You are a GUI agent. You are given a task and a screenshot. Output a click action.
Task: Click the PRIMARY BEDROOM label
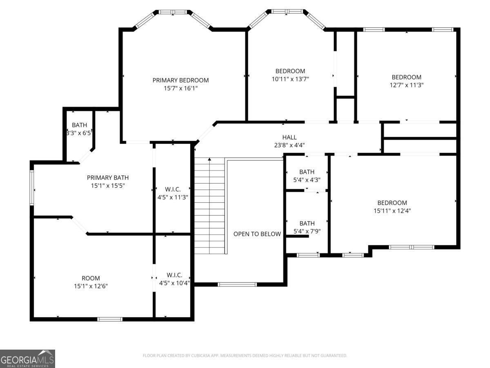tap(180, 80)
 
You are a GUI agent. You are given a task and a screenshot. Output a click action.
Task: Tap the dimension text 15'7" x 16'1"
tap(180, 88)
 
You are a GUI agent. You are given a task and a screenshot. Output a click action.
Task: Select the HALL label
tap(290, 137)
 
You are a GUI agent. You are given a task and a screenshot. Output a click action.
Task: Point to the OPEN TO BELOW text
tap(257, 234)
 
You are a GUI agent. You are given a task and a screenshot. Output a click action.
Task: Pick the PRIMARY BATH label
tap(108, 177)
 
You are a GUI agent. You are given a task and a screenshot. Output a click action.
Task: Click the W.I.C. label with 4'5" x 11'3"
tap(173, 189)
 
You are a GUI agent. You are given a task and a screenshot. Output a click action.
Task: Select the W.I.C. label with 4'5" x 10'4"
tap(174, 275)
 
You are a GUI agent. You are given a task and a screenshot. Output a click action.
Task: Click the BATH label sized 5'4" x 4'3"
tap(307, 172)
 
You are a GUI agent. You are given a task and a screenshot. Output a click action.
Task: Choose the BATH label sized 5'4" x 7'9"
tap(307, 223)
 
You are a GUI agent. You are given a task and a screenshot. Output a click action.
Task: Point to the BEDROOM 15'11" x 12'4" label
tap(392, 203)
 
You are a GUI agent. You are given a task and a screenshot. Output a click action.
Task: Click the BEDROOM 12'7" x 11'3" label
tap(406, 77)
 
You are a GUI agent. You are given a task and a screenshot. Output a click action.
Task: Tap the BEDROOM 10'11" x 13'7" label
tap(290, 71)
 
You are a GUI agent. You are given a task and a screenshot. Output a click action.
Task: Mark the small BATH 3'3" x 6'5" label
tap(79, 125)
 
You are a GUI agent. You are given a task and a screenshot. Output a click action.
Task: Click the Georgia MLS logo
tap(27, 359)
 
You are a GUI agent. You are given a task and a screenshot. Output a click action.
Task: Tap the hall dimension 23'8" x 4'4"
tap(290, 145)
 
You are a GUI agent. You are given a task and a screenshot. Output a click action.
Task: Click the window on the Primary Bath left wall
tap(31, 188)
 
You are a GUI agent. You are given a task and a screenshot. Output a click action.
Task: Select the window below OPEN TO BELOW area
tap(237, 284)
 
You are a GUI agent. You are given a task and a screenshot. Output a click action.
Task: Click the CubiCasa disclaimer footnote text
tap(245, 356)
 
